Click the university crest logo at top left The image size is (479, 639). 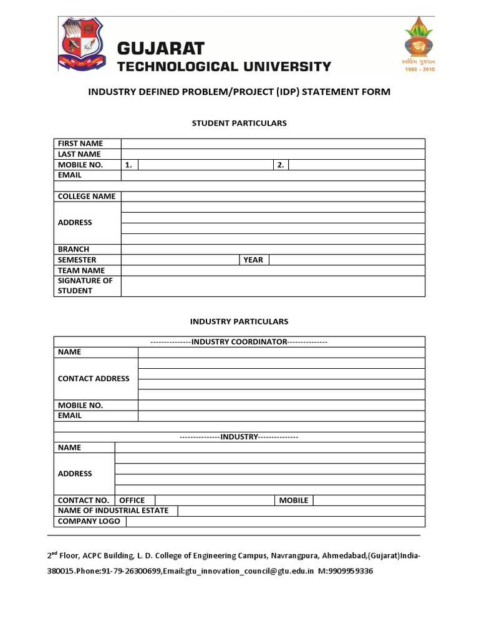point(82,44)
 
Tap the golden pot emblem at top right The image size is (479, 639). point(419,41)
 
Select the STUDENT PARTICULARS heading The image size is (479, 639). point(239,123)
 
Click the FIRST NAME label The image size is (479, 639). point(80,144)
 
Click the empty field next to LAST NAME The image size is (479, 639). point(273,154)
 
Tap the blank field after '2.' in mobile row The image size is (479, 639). point(356,165)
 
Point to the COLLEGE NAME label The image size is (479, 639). point(87,197)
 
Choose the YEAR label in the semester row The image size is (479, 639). point(253,260)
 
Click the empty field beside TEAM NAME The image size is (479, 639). point(273,270)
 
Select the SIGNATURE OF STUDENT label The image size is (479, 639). point(85,286)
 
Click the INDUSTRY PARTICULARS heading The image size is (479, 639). point(239,321)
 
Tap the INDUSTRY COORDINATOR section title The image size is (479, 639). point(239,341)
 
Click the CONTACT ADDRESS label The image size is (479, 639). point(94,379)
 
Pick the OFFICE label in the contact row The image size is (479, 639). point(132,500)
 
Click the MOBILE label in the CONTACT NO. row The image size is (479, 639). point(293,500)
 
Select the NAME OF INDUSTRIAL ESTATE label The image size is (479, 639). point(113,510)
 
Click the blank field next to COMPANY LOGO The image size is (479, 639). point(275,521)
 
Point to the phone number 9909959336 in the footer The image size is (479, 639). point(349,571)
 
